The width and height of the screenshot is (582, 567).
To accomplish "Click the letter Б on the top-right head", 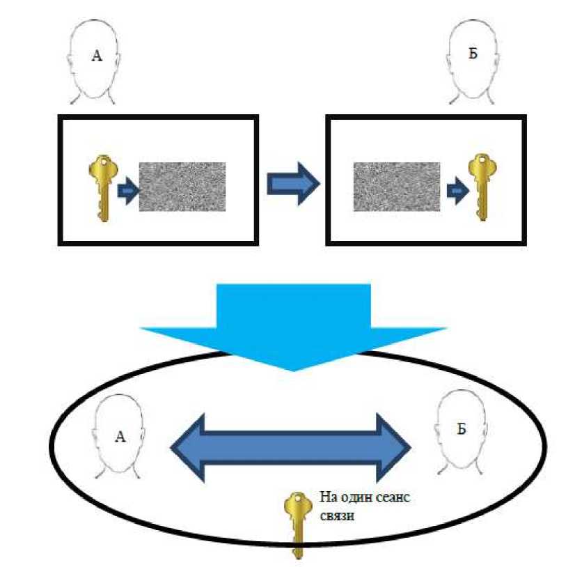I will tap(473, 54).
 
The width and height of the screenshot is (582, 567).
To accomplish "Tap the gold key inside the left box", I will tap(103, 187).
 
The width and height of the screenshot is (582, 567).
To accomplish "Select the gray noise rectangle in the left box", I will tap(182, 186).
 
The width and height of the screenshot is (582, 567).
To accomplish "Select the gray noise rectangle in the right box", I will tap(396, 186).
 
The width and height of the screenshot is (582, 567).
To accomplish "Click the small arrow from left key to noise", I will tap(127, 190).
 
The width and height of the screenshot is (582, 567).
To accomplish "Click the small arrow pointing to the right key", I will tap(457, 190).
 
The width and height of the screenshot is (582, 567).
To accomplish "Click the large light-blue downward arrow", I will tap(293, 321).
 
